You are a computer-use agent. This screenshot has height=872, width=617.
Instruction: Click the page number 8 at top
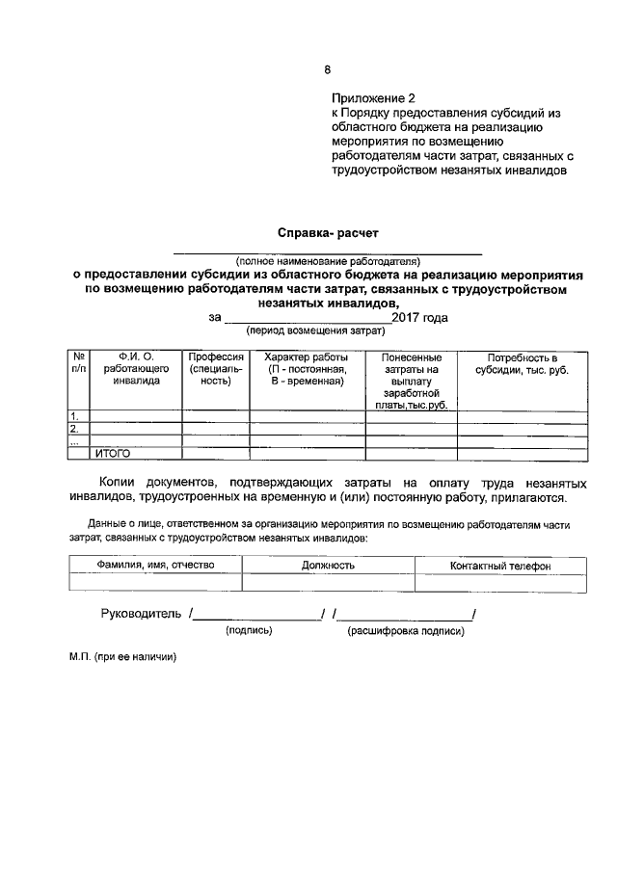pyautogui.click(x=327, y=69)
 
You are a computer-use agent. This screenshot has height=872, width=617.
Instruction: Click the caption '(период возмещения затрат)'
pyautogui.click(x=315, y=330)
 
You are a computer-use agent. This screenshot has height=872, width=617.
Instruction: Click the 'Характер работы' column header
pyautogui.click(x=307, y=368)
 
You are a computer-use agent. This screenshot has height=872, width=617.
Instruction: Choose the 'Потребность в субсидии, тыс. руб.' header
pyautogui.click(x=522, y=362)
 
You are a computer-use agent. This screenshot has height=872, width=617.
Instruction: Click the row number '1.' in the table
pyautogui.click(x=74, y=416)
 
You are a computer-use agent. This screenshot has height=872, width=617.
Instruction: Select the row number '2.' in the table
pyautogui.click(x=74, y=429)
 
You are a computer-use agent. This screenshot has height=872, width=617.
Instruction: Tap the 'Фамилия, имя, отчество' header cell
pyautogui.click(x=155, y=566)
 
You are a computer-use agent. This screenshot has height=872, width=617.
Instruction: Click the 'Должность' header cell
pyautogui.click(x=328, y=566)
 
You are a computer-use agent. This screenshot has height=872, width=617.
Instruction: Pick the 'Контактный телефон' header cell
pyautogui.click(x=500, y=566)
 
